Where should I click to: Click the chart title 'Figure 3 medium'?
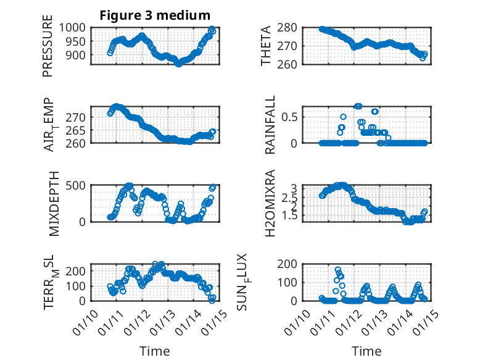155,15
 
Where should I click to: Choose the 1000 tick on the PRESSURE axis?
76,27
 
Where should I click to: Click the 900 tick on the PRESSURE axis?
79,55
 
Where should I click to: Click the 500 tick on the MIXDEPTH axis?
79,185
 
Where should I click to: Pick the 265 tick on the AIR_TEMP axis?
79,130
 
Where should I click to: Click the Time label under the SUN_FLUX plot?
366,351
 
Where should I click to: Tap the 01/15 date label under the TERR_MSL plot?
210,319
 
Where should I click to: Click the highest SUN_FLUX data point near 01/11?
337,270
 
